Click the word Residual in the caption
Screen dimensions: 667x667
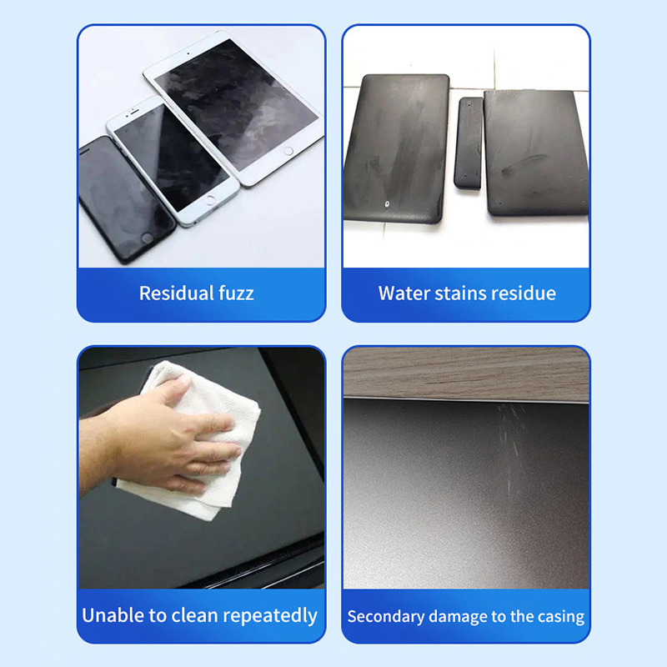click(x=176, y=293)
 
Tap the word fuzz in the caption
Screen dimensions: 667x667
click(x=236, y=293)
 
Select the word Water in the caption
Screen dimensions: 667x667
click(x=404, y=293)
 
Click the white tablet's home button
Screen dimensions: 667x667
click(x=288, y=151)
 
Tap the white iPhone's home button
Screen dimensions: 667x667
click(x=210, y=200)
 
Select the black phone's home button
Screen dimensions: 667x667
click(x=147, y=238)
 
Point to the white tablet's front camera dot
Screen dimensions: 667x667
click(x=188, y=54)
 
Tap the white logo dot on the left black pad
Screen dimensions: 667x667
click(x=386, y=204)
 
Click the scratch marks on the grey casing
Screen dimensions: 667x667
click(x=512, y=447)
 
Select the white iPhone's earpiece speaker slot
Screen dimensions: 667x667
click(x=133, y=112)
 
